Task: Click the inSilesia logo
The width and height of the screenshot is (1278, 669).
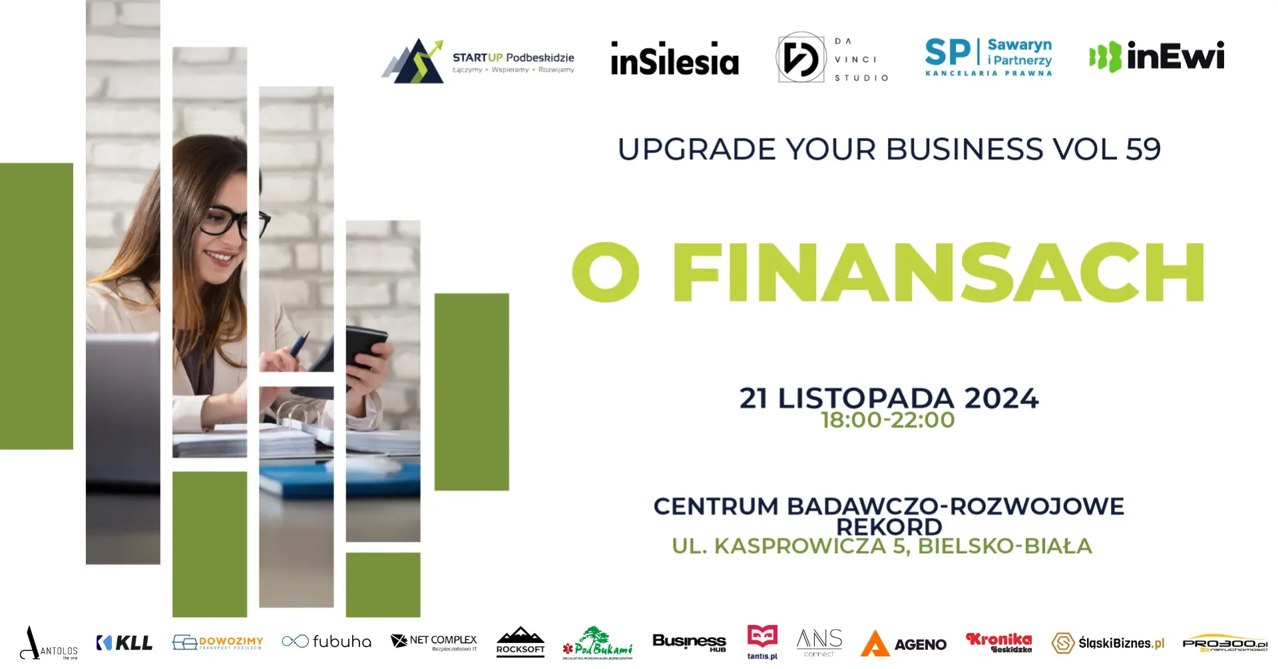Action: coord(674,59)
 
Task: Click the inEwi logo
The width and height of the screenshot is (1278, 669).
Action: coord(1157,57)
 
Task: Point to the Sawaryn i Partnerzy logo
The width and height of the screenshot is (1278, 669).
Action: coord(988,57)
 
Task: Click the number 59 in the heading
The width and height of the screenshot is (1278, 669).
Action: coord(1143,149)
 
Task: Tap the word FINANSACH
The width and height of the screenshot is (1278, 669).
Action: coord(938,273)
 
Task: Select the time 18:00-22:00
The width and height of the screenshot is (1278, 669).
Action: coord(888,420)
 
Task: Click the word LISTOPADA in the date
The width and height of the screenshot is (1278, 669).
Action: coord(866,399)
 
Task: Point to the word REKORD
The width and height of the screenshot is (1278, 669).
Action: coord(889,527)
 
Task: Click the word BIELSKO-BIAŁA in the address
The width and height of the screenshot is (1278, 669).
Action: coord(1004,547)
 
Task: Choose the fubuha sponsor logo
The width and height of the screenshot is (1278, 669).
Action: coord(326,642)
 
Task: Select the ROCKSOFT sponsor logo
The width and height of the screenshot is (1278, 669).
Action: coord(521,642)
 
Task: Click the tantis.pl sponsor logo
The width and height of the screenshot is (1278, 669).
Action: coord(762,642)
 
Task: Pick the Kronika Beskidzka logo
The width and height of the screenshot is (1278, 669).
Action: coord(998,642)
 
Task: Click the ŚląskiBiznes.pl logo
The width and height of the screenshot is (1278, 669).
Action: coord(1108,643)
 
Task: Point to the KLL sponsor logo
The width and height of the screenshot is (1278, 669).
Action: coord(124,642)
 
